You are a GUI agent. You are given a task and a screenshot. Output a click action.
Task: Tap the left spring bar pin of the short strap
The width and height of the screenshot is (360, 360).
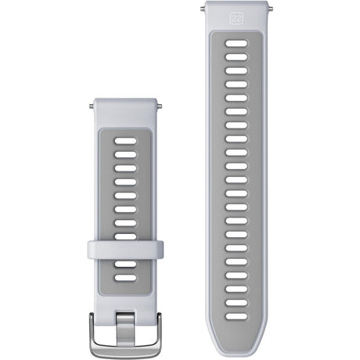pos(88,102)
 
